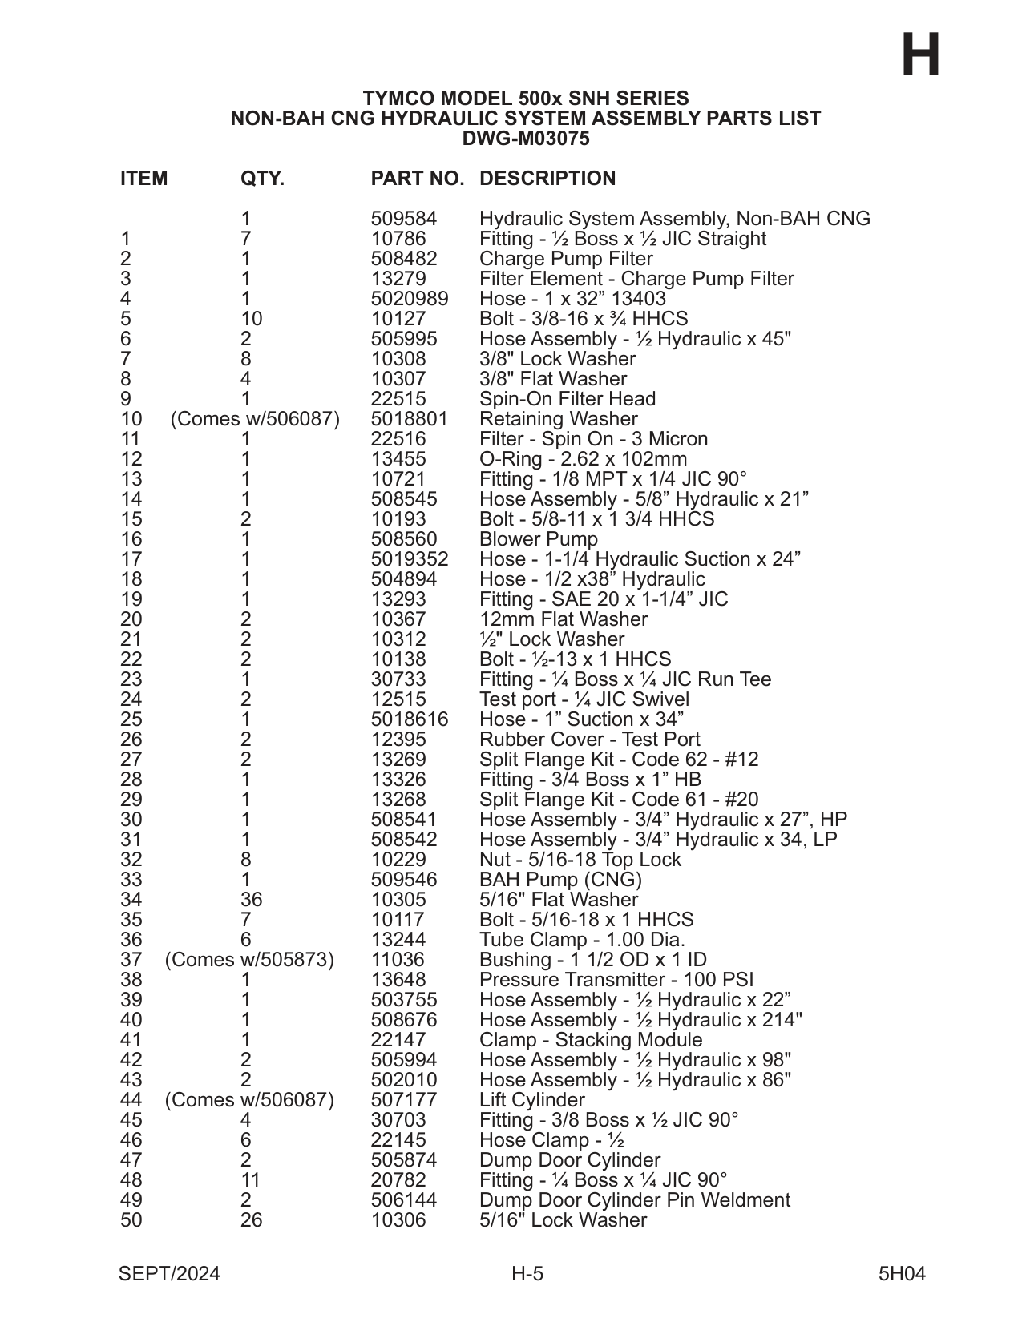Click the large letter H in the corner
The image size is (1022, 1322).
pos(920,55)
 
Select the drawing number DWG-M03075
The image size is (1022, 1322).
pos(525,139)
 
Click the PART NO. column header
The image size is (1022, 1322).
pos(417,179)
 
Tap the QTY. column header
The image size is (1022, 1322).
pos(262,179)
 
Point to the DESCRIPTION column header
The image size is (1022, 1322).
pos(547,179)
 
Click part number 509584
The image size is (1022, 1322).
pos(404,219)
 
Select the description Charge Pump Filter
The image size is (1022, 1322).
pos(566,259)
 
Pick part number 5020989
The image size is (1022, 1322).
pos(410,299)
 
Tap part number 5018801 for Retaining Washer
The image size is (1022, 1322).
pos(410,419)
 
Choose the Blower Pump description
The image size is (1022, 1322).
pos(539,539)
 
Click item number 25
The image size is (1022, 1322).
pos(131,719)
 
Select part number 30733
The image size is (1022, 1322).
pos(398,679)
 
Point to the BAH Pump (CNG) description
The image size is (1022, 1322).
pos(560,880)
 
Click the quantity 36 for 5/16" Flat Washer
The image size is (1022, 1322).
pos(251,900)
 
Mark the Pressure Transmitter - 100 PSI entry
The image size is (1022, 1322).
pos(616,980)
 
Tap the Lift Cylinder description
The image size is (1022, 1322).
pos(532,1100)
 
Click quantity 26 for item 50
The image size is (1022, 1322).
pos(251,1220)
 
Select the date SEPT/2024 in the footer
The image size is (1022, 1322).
pos(169,1274)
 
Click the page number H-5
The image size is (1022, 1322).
pos(527,1274)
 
